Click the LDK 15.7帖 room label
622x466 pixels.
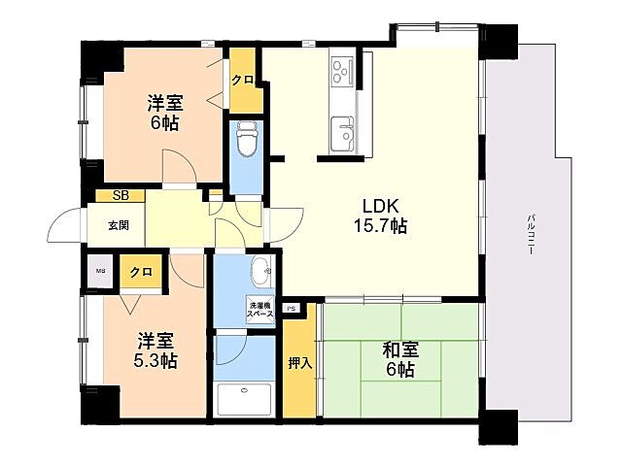tap(385, 216)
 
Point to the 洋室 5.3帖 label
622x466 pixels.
tap(155, 350)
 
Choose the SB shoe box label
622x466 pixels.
tap(121, 196)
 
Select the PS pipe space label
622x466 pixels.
tap(291, 310)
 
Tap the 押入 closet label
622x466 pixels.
tap(299, 363)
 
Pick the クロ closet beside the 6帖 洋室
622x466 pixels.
tap(244, 80)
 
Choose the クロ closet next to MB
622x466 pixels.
tap(140, 273)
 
